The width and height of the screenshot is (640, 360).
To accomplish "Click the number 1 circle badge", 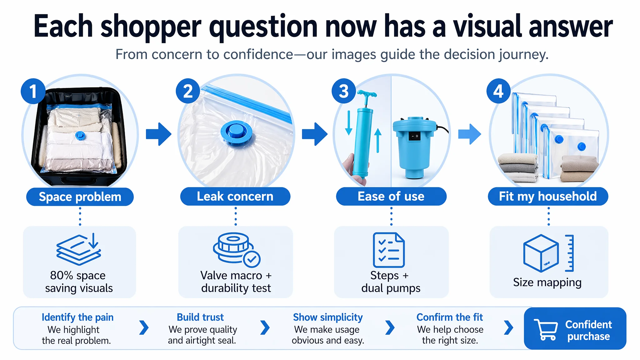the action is coord(33,91).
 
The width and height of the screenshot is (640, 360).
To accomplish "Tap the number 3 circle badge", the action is coord(344,91).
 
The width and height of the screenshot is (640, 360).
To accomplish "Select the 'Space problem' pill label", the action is coord(80,197).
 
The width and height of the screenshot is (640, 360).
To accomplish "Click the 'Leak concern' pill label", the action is coord(235,196).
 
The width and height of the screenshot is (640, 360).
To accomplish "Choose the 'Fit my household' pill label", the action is coord(548,196).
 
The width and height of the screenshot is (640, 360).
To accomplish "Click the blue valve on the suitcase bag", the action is coord(80,135).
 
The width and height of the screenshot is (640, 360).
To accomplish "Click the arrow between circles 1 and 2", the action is coord(159,134).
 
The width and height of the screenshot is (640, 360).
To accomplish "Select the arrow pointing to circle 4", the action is coord(470,134).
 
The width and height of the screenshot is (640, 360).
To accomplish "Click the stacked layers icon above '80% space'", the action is coord(79,249).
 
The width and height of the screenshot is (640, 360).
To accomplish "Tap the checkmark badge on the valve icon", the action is coord(252,259).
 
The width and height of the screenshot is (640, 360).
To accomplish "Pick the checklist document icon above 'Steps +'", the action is coord(389,250).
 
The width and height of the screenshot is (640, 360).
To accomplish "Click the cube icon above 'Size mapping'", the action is coord(541,253).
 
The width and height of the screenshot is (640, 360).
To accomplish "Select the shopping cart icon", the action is coord(546,329).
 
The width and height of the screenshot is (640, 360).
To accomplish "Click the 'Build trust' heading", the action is coord(200,317).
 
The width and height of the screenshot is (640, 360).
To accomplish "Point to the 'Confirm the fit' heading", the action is coord(450,317).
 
